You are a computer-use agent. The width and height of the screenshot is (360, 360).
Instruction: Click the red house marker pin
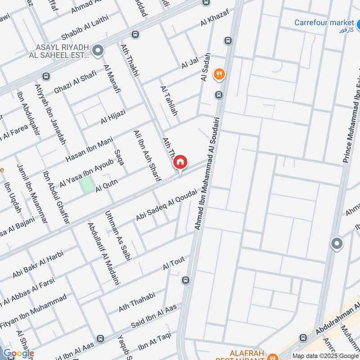(x=180, y=162)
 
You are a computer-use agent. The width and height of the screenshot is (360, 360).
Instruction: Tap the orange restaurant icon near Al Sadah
(x=219, y=74)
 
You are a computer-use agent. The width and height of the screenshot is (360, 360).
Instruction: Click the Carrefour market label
(x=324, y=22)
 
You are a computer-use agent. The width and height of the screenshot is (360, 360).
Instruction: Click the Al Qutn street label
(x=106, y=185)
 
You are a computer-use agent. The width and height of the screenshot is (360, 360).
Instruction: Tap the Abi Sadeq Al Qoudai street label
(x=166, y=205)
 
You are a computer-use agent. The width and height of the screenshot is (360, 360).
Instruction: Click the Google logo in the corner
(x=18, y=354)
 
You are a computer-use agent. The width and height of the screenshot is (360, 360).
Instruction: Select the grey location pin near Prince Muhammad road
(x=337, y=244)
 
